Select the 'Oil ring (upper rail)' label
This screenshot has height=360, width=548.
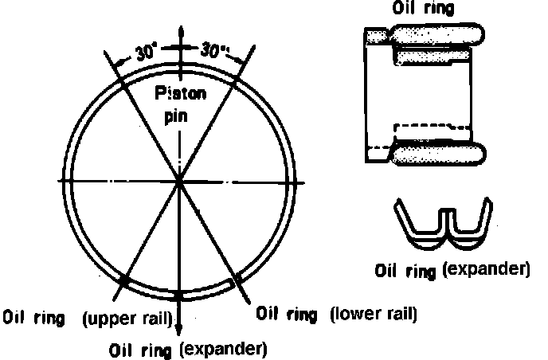pyautogui.click(x=89, y=320)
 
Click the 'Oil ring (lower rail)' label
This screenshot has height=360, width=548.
pyautogui.click(x=336, y=313)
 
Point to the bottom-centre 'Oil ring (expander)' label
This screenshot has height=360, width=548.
pyautogui.click(x=188, y=348)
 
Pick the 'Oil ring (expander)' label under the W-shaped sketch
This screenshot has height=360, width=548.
pyautogui.click(x=452, y=269)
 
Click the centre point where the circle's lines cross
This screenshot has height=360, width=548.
pyautogui.click(x=181, y=182)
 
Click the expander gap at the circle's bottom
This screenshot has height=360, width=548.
pyautogui.click(x=182, y=295)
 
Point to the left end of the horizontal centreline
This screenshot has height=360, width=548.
pyautogui.click(x=61, y=182)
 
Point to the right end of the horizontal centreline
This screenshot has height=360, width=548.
pyautogui.click(x=303, y=182)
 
